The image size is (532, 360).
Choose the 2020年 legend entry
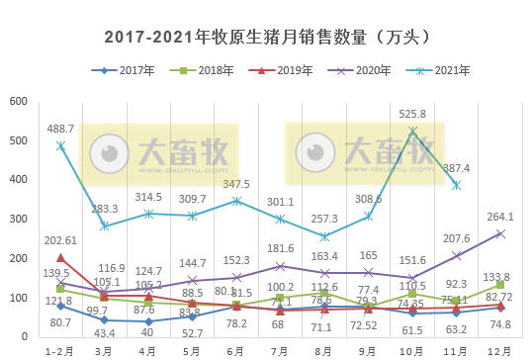point(373,70)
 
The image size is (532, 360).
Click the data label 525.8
point(413,114)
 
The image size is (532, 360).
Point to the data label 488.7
point(60,130)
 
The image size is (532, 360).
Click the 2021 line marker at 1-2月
point(60,145)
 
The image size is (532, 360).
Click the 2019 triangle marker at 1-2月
point(60,257)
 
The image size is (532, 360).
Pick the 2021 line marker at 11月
point(456,185)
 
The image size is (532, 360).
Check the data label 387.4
point(456,168)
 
